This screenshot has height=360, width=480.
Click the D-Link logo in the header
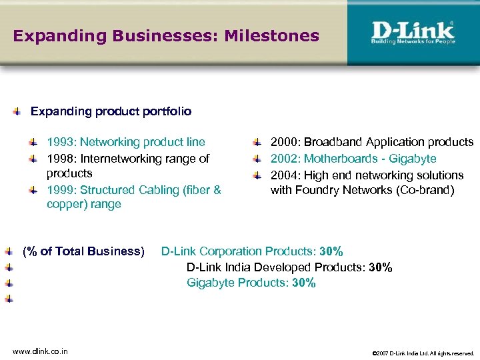coord(413,33)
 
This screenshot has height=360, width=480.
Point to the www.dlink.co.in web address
coord(40,351)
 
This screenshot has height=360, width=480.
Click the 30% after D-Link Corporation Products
coord(331,251)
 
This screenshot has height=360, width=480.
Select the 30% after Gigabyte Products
coord(303,283)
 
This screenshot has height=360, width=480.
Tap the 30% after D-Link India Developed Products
coord(380,267)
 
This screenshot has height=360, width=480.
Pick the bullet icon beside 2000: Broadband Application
coord(257,143)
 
